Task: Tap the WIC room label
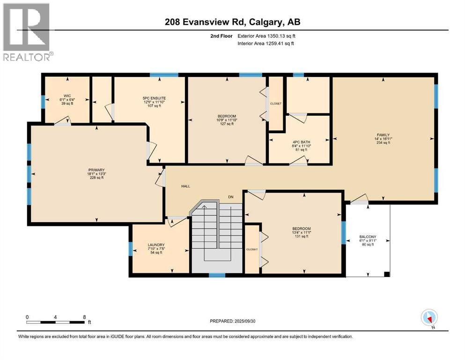pyautogui.click(x=67, y=95)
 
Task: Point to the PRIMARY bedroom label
pyautogui.click(x=96, y=170)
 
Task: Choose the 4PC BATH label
pyautogui.click(x=301, y=142)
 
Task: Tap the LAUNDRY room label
pyautogui.click(x=155, y=245)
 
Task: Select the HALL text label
pyautogui.click(x=185, y=186)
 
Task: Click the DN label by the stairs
pyautogui.click(x=230, y=196)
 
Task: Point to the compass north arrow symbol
pyautogui.click(x=429, y=318)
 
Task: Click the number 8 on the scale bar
pyautogui.click(x=84, y=316)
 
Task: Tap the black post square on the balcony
pyautogui.click(x=386, y=274)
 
